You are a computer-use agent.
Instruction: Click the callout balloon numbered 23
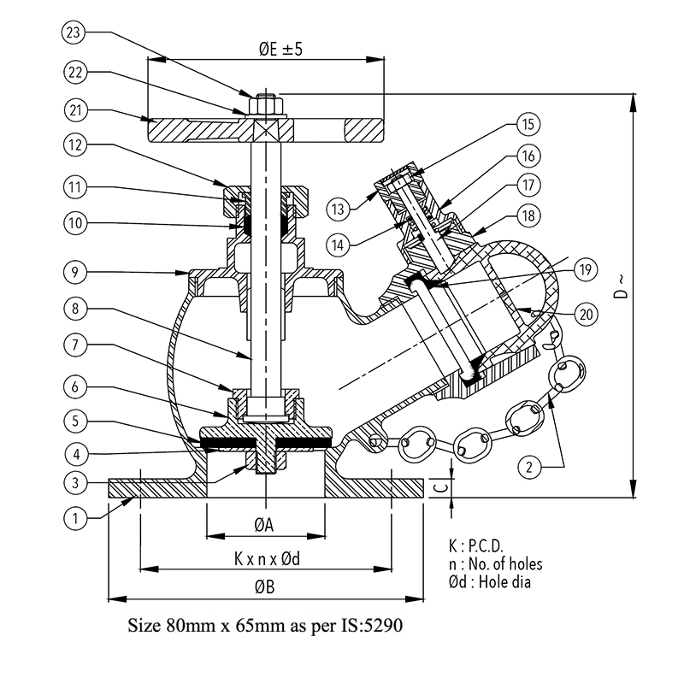click(x=74, y=32)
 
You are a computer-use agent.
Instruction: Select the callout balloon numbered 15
click(x=528, y=124)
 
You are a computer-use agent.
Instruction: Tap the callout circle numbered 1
click(x=75, y=519)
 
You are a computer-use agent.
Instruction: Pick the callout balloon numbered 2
click(x=529, y=467)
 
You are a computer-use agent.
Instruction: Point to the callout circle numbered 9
click(x=75, y=273)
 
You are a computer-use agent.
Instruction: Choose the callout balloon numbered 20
click(x=586, y=314)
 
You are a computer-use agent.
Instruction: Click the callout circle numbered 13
click(x=338, y=209)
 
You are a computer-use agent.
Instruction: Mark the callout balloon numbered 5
click(x=75, y=421)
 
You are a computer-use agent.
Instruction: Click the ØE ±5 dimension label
click(x=280, y=49)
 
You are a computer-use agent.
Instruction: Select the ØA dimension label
click(x=264, y=525)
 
